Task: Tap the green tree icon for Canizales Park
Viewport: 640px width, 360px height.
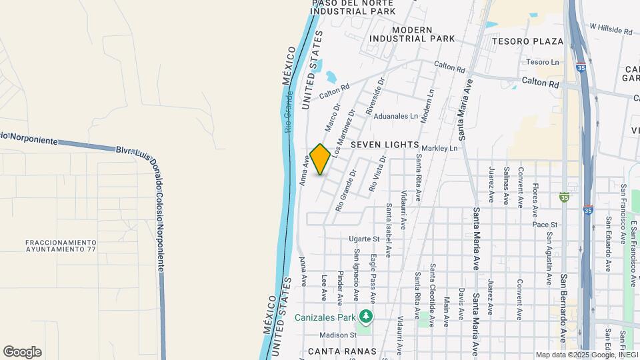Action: pos(365,316)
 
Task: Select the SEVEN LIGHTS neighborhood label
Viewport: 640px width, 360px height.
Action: pos(385,145)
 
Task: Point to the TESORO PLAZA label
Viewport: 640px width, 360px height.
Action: pos(527,41)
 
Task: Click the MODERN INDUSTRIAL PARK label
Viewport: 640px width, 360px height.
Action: pos(423,35)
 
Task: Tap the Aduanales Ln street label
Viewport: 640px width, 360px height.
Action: pos(395,116)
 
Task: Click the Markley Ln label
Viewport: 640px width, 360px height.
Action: pos(441,147)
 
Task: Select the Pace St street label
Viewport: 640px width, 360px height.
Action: pos(544,225)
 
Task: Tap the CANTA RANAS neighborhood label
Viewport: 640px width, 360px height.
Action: pos(343,351)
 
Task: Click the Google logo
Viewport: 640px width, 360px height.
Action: pos(22,352)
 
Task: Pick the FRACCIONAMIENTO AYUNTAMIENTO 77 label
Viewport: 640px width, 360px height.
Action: pos(61,245)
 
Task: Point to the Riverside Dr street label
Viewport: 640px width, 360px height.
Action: pos(376,97)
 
